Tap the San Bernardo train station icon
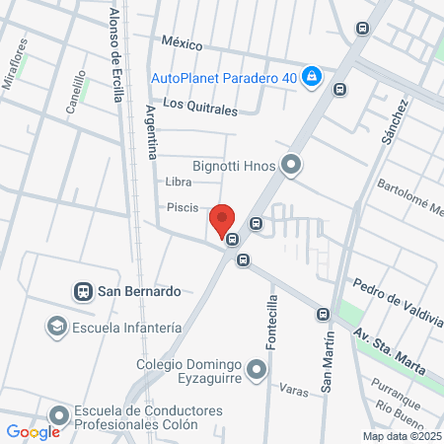[x=83, y=291]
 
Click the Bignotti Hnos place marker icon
[x=291, y=166]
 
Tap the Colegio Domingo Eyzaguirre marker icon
[x=257, y=371]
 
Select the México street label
[x=182, y=44]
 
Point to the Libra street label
[x=179, y=182]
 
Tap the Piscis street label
[x=183, y=207]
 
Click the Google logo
[x=33, y=431]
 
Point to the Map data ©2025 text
[x=401, y=436]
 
